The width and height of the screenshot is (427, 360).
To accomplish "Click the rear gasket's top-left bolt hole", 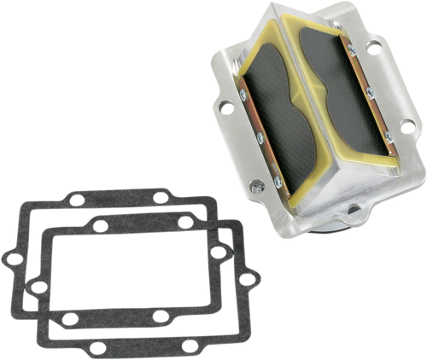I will point(77,200).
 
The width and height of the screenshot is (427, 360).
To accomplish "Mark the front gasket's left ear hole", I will point(38,287).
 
